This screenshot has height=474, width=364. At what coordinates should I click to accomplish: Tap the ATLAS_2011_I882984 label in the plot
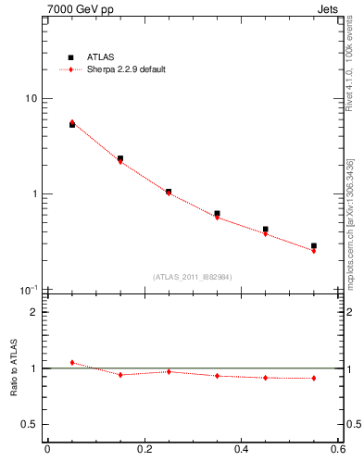click(193, 276)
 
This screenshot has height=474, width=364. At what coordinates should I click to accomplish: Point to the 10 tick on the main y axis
click(31, 99)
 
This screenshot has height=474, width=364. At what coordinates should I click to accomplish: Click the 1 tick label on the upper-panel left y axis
click(34, 194)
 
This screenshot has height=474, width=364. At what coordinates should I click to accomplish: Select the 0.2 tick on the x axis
click(144, 450)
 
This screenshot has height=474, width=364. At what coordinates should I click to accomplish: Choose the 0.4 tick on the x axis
click(242, 450)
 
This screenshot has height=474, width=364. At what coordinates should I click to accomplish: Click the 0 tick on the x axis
click(47, 450)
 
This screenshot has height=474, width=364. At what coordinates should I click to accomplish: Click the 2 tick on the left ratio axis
click(34, 312)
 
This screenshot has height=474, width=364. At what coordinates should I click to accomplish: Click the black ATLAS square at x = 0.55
click(314, 245)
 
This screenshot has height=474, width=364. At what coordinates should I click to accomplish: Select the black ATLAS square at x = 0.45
click(266, 229)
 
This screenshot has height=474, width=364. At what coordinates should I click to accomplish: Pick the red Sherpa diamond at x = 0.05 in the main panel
click(72, 122)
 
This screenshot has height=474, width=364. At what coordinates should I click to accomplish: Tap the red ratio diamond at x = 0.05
click(72, 362)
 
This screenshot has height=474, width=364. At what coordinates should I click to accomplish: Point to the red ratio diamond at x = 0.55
click(314, 378)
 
